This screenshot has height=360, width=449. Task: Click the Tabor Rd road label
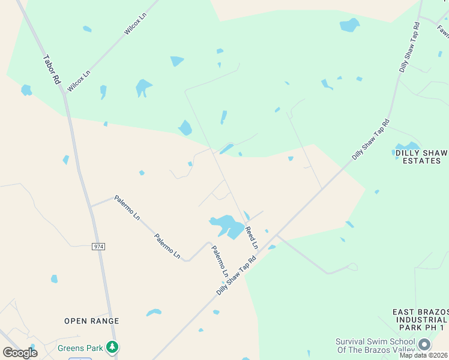click(x=53, y=69)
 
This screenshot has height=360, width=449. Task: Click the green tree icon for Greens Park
click(x=111, y=347)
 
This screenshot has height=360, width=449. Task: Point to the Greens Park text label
click(x=80, y=347)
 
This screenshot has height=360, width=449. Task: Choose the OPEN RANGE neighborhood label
click(x=92, y=321)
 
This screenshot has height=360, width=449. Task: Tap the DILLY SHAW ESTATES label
click(x=421, y=156)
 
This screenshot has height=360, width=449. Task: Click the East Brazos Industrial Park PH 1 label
click(x=420, y=320)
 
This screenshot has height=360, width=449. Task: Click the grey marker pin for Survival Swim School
click(x=424, y=344)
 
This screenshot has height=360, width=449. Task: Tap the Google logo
click(x=20, y=352)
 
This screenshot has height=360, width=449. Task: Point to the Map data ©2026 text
click(x=424, y=355)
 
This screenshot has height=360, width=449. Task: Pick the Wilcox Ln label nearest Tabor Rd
click(x=79, y=81)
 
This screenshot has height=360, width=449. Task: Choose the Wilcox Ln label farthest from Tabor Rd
click(x=136, y=23)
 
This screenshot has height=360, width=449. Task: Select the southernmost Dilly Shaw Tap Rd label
click(x=237, y=275)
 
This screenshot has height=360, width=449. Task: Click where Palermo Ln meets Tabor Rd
click(x=91, y=206)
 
